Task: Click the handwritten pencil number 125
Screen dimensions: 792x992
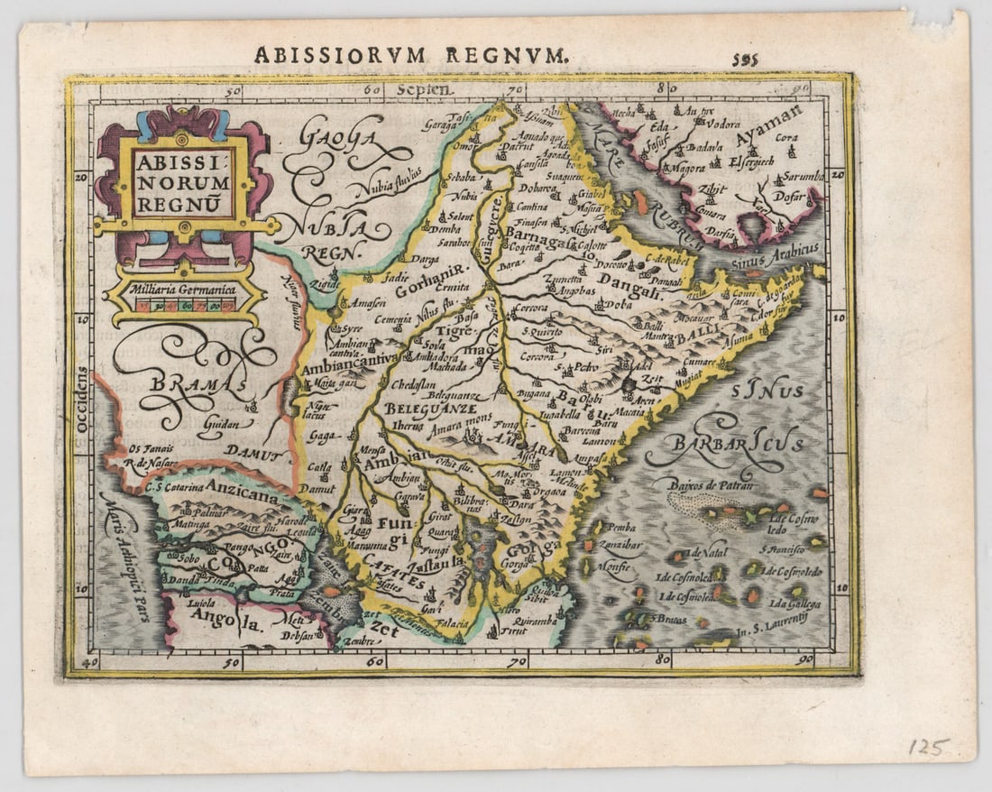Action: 928,747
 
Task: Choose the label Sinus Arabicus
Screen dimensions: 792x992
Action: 780,251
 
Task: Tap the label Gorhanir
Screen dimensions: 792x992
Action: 433,281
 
